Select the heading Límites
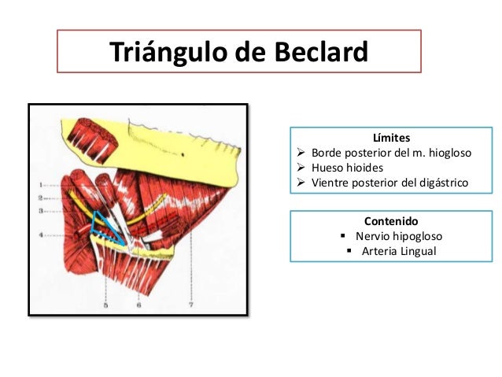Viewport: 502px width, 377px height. (392, 139)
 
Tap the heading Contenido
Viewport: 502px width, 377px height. (392, 221)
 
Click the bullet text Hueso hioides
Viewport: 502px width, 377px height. (349, 168)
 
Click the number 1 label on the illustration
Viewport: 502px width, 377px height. (40, 186)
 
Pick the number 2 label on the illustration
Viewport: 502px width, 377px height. (40, 198)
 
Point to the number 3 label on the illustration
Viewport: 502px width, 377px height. (40, 211)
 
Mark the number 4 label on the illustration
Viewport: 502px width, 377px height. (40, 233)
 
